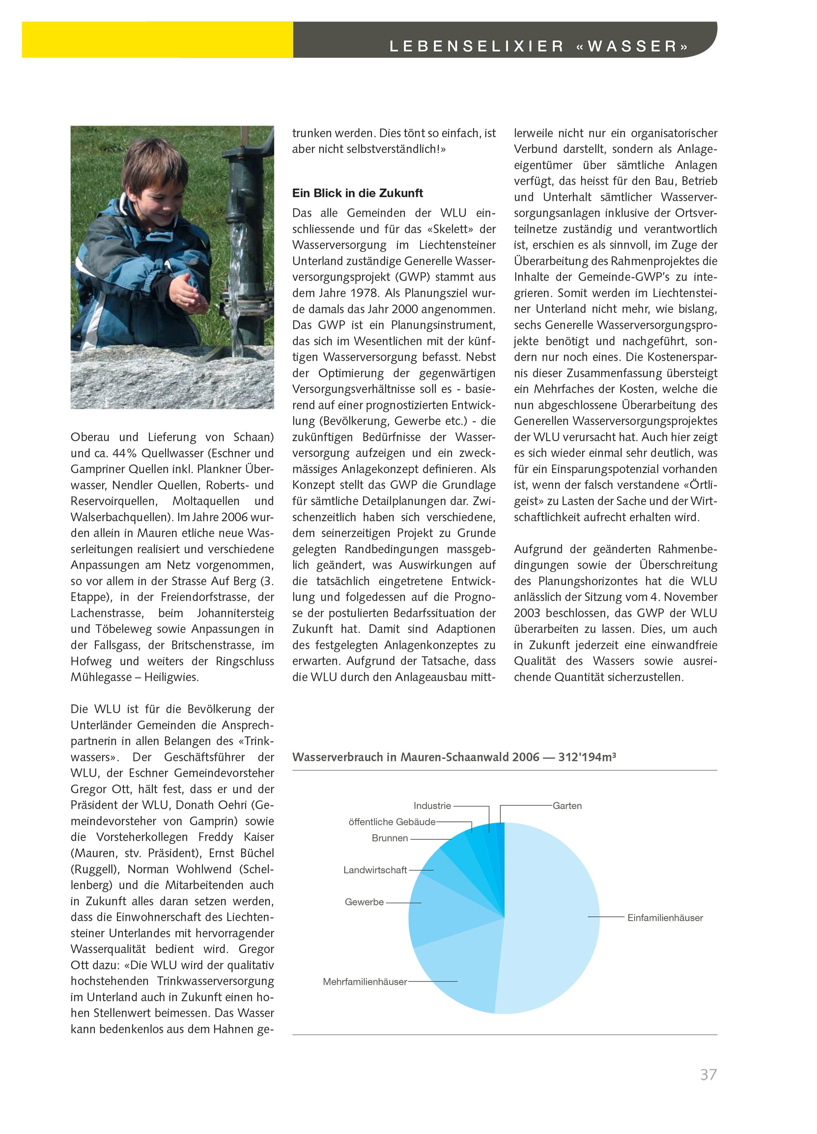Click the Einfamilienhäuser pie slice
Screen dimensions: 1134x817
coord(550,920)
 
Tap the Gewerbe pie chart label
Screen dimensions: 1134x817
coord(364,902)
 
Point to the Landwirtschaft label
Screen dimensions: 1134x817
coord(375,870)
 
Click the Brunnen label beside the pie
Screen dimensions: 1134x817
coord(390,838)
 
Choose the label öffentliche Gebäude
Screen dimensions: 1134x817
coord(392,822)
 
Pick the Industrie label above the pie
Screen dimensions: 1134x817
coord(432,806)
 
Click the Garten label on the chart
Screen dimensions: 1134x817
coord(567,806)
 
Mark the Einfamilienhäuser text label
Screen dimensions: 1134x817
coord(665,918)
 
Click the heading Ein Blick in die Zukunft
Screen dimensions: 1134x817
coord(357,193)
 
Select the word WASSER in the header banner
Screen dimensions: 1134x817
coord(632,46)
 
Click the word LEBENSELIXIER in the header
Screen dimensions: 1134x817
coord(476,46)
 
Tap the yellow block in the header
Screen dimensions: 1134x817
coord(157,40)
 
